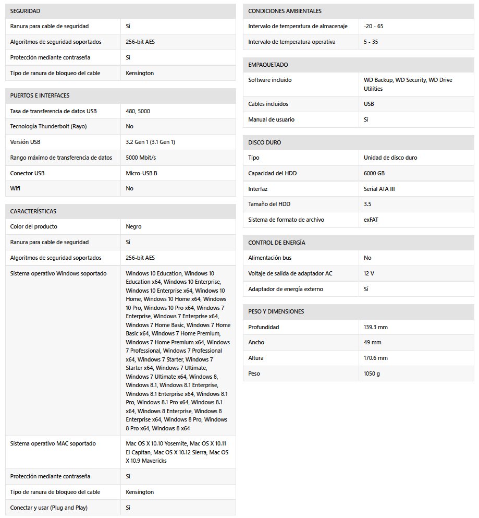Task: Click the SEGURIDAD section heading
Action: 25,11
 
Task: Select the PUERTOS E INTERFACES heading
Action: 40,95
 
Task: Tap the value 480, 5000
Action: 138,111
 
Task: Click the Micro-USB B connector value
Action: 141,173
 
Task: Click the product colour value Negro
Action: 133,226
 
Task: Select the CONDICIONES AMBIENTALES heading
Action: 285,11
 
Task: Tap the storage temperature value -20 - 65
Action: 373,26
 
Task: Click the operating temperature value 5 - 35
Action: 371,42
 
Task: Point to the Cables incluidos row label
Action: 268,104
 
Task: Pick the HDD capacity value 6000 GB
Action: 374,173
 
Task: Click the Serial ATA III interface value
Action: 379,189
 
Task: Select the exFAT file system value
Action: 371,220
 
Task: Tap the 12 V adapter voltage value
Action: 369,273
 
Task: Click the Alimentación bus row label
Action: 269,258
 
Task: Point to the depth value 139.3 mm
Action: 376,327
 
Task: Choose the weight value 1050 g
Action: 372,374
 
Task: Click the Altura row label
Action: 255,358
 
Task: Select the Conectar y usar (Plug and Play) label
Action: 49,508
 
